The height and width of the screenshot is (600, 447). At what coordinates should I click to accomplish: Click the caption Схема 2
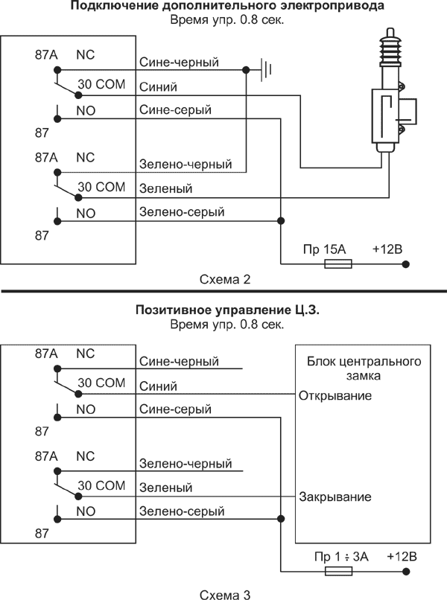223,280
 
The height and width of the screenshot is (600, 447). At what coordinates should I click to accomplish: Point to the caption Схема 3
223,593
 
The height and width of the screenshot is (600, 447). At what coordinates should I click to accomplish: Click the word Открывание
335,395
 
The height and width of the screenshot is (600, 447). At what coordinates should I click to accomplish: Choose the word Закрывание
335,497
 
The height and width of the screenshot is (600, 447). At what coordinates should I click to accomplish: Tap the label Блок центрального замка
364,368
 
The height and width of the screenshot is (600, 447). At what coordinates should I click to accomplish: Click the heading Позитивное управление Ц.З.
227,310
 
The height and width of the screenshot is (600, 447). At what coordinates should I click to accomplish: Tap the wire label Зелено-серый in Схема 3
182,511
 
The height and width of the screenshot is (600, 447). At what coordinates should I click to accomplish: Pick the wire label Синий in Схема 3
157,386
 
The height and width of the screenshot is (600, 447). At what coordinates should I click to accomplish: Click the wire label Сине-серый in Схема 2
175,110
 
